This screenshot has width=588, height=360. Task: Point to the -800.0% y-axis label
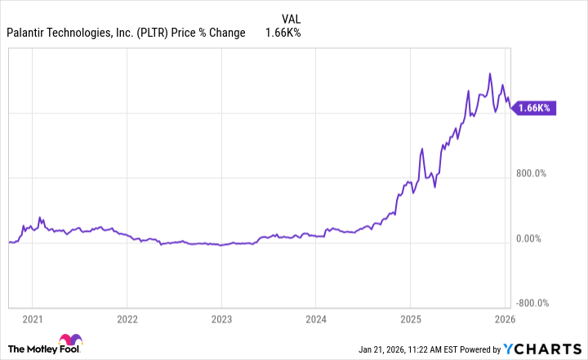tap(532, 303)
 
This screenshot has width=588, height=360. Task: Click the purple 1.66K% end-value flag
tap(535, 108)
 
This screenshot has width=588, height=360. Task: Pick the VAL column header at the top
tap(292, 17)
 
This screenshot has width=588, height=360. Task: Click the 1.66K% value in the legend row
tap(284, 33)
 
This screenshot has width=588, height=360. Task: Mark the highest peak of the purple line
tap(489, 73)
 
